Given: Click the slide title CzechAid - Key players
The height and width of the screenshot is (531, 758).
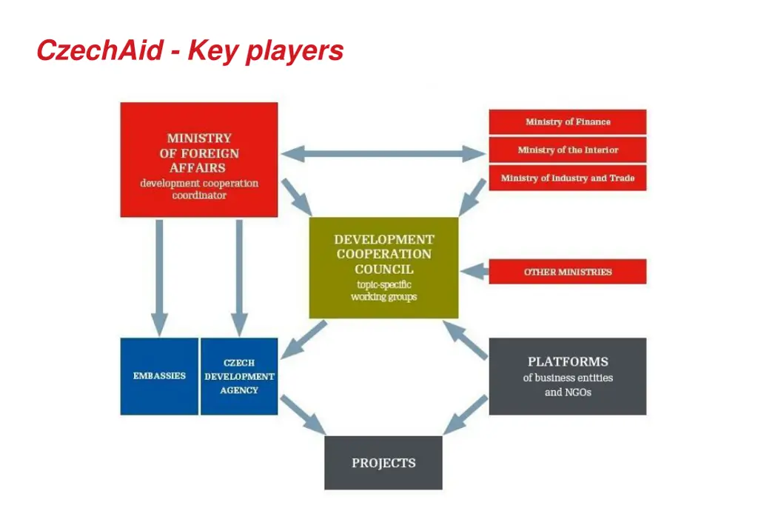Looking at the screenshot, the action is pyautogui.click(x=190, y=51).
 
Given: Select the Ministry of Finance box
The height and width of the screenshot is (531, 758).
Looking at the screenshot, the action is pyautogui.click(x=568, y=122).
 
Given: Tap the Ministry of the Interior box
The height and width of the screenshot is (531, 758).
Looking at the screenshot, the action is pyautogui.click(x=568, y=150).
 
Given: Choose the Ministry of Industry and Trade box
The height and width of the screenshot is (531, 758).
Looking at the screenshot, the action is pyautogui.click(x=568, y=178).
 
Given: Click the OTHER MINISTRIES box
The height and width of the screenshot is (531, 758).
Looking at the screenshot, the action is pyautogui.click(x=568, y=272).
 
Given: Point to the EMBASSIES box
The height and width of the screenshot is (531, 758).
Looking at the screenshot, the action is pyautogui.click(x=159, y=376).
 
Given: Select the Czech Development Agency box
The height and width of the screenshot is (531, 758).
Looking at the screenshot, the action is pyautogui.click(x=239, y=376).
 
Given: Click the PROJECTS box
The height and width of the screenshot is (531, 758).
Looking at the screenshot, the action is pyautogui.click(x=383, y=463).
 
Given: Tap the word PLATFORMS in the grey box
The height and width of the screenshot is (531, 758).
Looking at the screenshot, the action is pyautogui.click(x=568, y=361).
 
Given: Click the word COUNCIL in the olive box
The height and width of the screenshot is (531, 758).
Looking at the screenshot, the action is pyautogui.click(x=384, y=270).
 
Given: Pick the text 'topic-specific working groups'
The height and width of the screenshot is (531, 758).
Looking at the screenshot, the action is pyautogui.click(x=384, y=290).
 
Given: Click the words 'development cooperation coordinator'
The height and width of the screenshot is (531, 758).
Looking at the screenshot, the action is pyautogui.click(x=199, y=189).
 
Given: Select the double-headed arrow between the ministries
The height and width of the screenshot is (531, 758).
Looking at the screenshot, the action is pyautogui.click(x=383, y=154).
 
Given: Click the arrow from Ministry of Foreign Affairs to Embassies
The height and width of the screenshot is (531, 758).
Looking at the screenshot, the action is pyautogui.click(x=160, y=278).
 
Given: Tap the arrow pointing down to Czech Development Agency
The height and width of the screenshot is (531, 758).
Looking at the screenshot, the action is pyautogui.click(x=239, y=278).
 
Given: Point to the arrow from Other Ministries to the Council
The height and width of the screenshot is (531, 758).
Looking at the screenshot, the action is pyautogui.click(x=474, y=271).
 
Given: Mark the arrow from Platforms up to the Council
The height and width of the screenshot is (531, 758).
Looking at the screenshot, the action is pyautogui.click(x=465, y=341).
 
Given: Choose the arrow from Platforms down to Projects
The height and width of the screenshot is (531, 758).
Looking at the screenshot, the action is pyautogui.click(x=465, y=415).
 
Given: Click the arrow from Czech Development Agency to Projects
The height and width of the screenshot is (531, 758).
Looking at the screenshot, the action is pyautogui.click(x=303, y=415).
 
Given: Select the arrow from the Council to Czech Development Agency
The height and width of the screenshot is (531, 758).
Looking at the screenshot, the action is pyautogui.click(x=303, y=339).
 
